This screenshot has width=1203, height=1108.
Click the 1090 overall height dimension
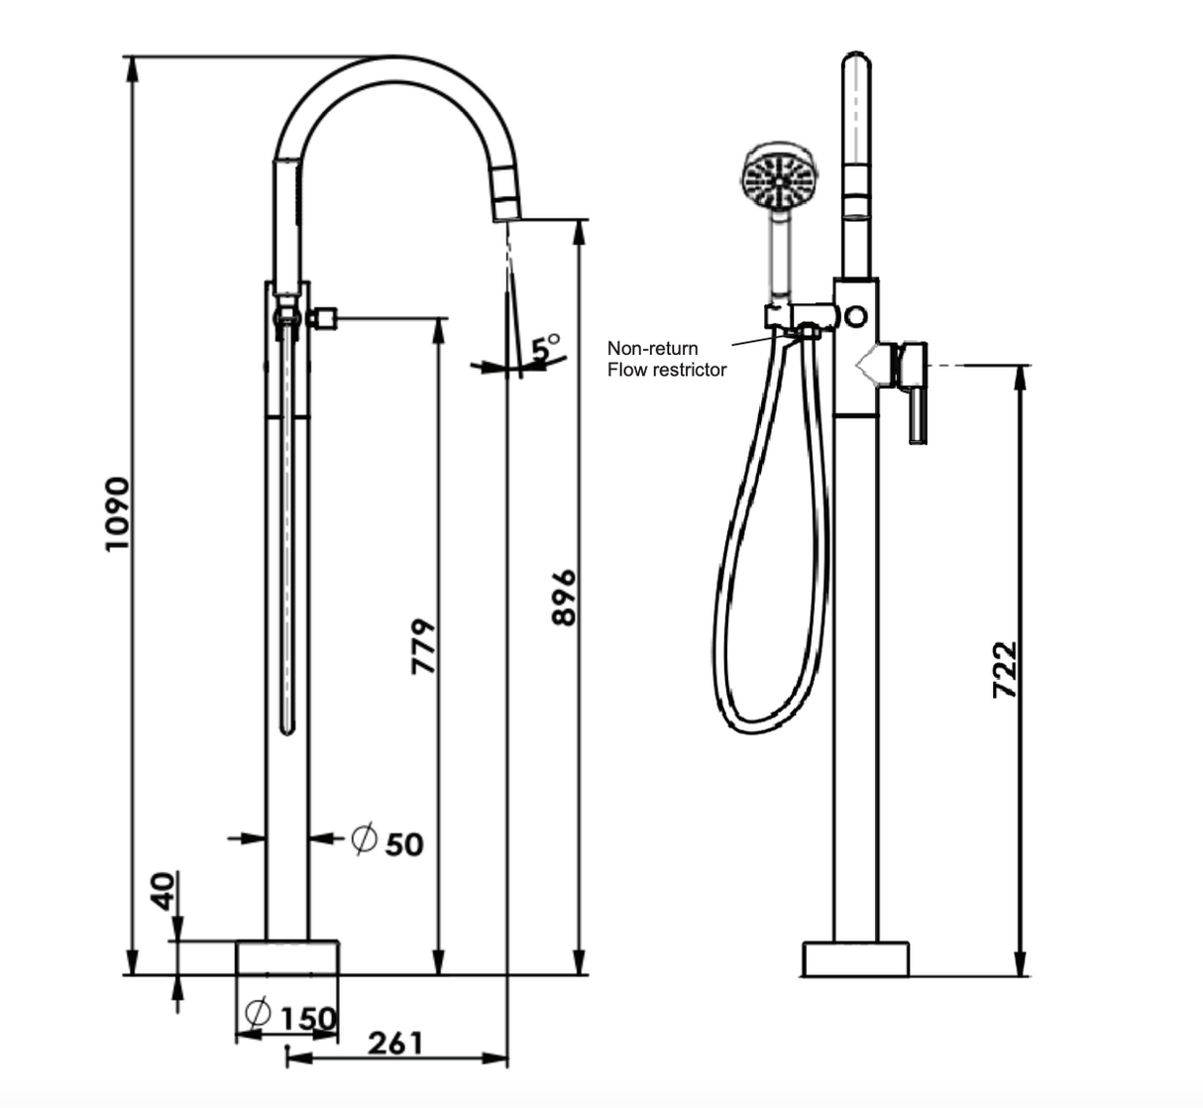[x=117, y=513]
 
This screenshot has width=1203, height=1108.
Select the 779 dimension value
[x=423, y=646]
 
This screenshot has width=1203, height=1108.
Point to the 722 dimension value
[x=1004, y=669]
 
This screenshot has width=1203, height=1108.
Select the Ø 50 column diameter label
[x=387, y=842]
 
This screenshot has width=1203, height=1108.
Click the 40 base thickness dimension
[x=163, y=890]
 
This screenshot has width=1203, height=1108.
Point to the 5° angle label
[x=545, y=347]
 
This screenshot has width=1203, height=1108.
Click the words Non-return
[x=652, y=348]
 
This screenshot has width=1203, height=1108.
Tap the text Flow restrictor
[x=667, y=370]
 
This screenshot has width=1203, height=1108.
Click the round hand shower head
[x=780, y=179]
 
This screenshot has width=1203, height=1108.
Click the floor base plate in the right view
[x=855, y=958]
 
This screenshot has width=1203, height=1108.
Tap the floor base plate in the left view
[x=287, y=957]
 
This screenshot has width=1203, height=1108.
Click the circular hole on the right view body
[x=854, y=316]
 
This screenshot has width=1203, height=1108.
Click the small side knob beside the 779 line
[x=324, y=319]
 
